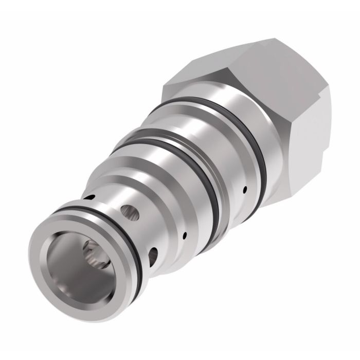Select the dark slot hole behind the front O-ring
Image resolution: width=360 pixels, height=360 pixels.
(x=91, y=197)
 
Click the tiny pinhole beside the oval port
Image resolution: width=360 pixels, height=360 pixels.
(x=184, y=237)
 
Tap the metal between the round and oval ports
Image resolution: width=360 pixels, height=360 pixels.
(x=141, y=234)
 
